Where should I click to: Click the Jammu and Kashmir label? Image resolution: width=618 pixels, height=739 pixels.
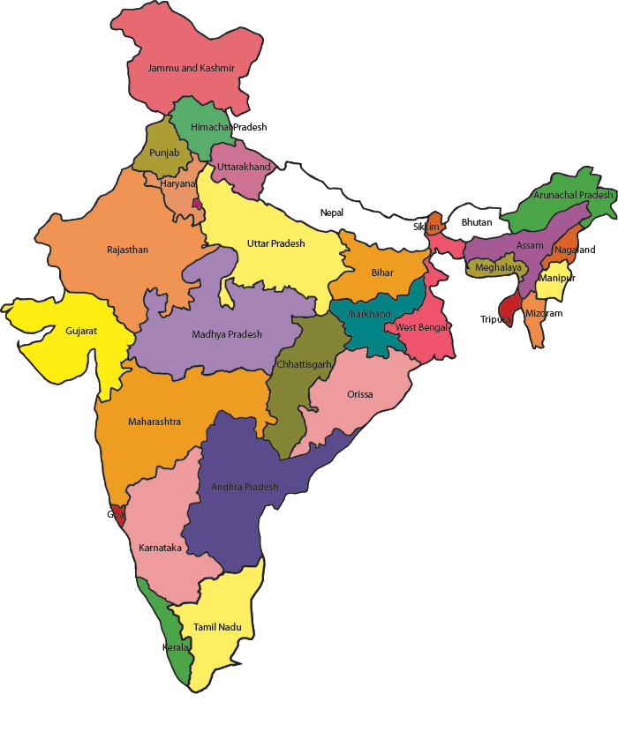pyautogui.click(x=192, y=68)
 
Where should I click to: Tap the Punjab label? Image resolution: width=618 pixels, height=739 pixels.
pyautogui.click(x=164, y=153)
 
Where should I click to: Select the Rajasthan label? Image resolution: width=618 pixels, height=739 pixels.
pyautogui.click(x=127, y=250)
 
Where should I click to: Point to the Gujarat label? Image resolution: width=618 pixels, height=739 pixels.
pyautogui.click(x=81, y=332)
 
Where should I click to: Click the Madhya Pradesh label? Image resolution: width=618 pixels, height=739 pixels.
pyautogui.click(x=227, y=334)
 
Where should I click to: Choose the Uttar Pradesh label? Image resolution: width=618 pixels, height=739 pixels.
pyautogui.click(x=275, y=243)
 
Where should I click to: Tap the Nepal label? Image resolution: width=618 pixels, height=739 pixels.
pyautogui.click(x=332, y=213)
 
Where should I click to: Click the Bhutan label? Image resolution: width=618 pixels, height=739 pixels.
pyautogui.click(x=477, y=222)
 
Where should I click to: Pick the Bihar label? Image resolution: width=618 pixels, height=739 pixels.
pyautogui.click(x=382, y=272)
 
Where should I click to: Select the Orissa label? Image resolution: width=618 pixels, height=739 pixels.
pyautogui.click(x=359, y=394)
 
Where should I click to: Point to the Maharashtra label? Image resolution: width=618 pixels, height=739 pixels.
pyautogui.click(x=154, y=422)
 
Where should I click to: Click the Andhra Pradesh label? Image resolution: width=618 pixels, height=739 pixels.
pyautogui.click(x=245, y=487)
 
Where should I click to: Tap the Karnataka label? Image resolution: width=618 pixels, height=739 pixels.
pyautogui.click(x=160, y=548)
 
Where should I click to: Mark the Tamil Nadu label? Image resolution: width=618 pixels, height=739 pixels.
pyautogui.click(x=217, y=627)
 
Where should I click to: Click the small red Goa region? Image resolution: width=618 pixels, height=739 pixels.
pyautogui.click(x=118, y=513)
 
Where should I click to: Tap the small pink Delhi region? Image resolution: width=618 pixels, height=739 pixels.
pyautogui.click(x=198, y=204)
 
